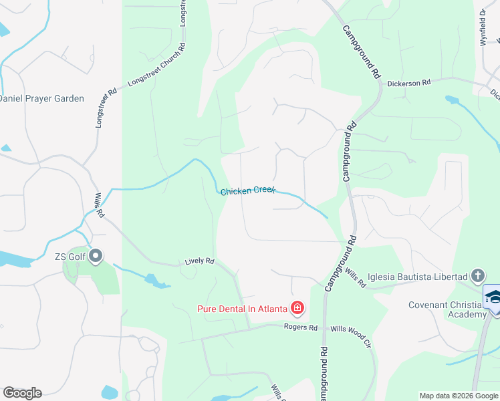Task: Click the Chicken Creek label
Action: point(247,191)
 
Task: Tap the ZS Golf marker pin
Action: point(95,256)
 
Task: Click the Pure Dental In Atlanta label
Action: point(242,309)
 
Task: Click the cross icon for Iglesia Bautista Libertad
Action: point(477,275)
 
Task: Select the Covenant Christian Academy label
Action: point(447,310)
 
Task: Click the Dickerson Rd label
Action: point(408,83)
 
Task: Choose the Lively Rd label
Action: point(199,261)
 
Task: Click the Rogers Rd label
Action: point(300,327)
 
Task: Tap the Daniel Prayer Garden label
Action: point(41,98)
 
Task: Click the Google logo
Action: point(22,393)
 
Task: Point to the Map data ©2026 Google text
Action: point(458,396)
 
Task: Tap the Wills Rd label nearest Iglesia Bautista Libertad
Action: point(356,278)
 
